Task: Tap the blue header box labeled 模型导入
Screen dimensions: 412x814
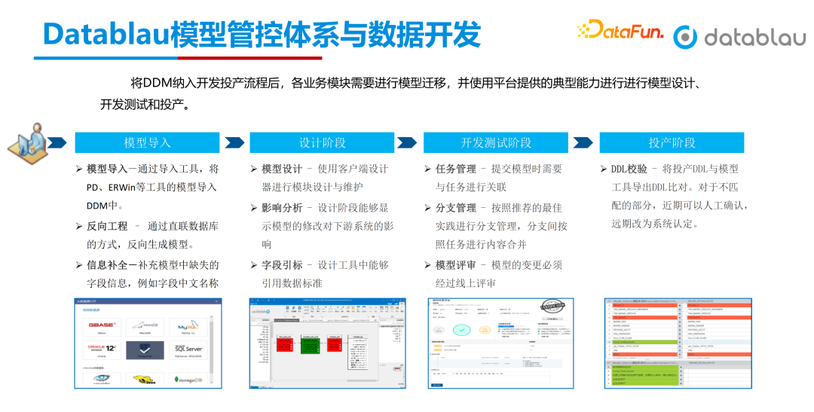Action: (147, 142)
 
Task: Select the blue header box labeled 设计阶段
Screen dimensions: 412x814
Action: (322, 142)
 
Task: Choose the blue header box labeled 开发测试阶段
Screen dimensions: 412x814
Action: (496, 142)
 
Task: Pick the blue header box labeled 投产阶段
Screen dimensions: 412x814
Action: (672, 142)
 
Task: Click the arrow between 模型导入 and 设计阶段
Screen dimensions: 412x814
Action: (234, 142)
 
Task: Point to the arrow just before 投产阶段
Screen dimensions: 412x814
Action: (583, 142)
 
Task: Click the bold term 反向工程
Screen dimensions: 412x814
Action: (107, 225)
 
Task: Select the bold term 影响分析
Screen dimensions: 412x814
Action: (281, 207)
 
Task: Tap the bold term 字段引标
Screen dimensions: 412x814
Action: (281, 264)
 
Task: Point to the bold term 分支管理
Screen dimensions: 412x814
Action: (456, 207)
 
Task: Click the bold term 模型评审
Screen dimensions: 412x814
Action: (456, 264)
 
